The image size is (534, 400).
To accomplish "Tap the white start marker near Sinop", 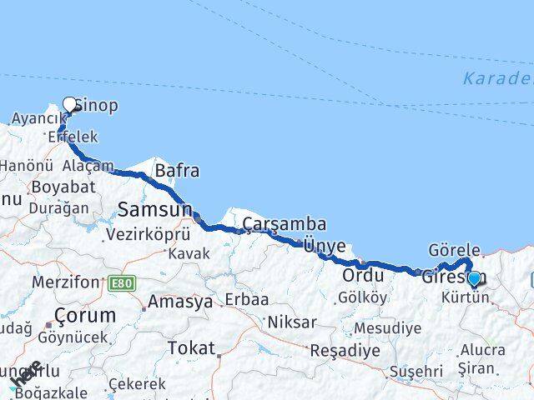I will pos(70,106).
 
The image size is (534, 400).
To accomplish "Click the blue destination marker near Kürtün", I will pos(475,278).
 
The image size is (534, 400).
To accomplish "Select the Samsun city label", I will pos(154,208).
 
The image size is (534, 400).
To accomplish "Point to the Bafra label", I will pos(177,172).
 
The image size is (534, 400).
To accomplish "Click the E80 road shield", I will pos(120,284).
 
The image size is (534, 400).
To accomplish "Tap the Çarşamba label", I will pos(285,224).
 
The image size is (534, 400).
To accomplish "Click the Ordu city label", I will pos(363,275).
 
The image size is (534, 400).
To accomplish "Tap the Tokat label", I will pos(191,347).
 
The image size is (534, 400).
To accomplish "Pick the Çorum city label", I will pos(83,316).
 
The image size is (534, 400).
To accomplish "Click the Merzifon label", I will pos(65,282).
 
